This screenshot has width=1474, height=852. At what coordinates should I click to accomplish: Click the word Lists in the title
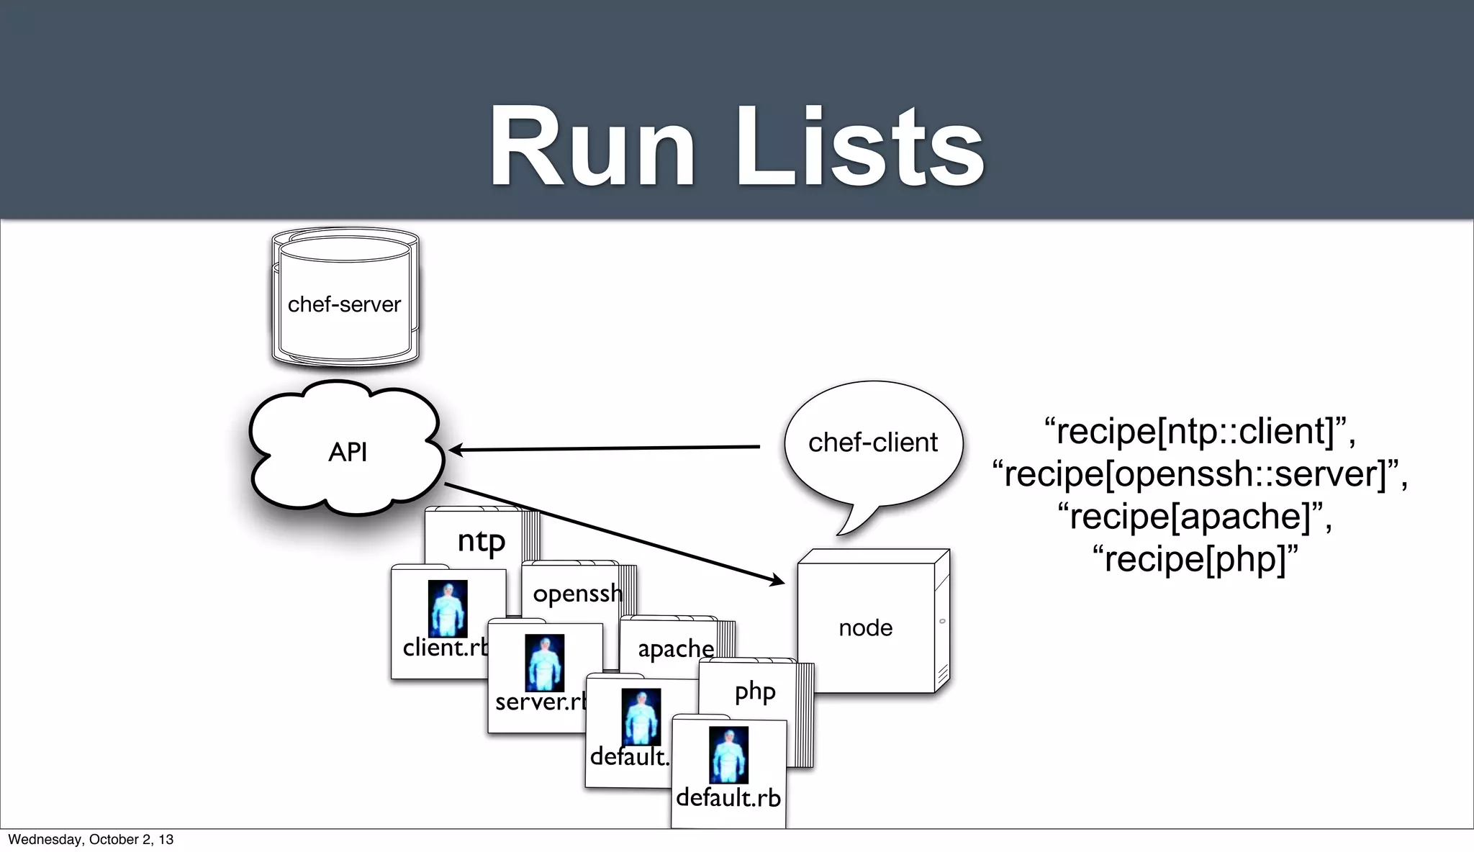coord(859,148)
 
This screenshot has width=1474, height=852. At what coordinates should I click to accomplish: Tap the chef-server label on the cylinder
coord(344,304)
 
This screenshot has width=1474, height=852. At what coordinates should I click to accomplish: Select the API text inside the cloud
coord(348,452)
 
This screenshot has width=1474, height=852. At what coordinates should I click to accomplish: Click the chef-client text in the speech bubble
coord(872,442)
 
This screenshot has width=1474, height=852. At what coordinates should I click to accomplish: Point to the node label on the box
coord(865,627)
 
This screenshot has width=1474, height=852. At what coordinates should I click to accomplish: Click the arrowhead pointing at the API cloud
coord(456,450)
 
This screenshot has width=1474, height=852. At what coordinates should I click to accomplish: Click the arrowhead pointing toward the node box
coord(777,579)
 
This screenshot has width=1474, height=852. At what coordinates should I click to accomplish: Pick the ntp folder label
coord(481,541)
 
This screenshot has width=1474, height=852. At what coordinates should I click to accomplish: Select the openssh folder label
coord(577,594)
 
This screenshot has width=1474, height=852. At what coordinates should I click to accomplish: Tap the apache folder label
coord(675,648)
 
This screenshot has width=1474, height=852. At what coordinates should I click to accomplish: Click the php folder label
coord(754,692)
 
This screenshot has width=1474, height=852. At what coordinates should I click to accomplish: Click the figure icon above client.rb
coord(447,609)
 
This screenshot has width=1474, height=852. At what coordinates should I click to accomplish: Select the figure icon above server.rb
coord(544,663)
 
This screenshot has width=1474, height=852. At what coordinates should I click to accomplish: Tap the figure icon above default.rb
coord(728,755)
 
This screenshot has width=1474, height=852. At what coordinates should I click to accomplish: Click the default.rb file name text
coord(728,798)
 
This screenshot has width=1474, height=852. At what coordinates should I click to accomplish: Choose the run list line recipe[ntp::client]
coord(1199,431)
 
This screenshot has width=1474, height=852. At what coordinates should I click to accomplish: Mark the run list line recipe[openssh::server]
coord(1199,473)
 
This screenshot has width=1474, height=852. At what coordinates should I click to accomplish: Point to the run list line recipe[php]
coord(1199,559)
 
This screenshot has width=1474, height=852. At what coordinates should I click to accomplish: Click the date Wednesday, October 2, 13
coord(91,840)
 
